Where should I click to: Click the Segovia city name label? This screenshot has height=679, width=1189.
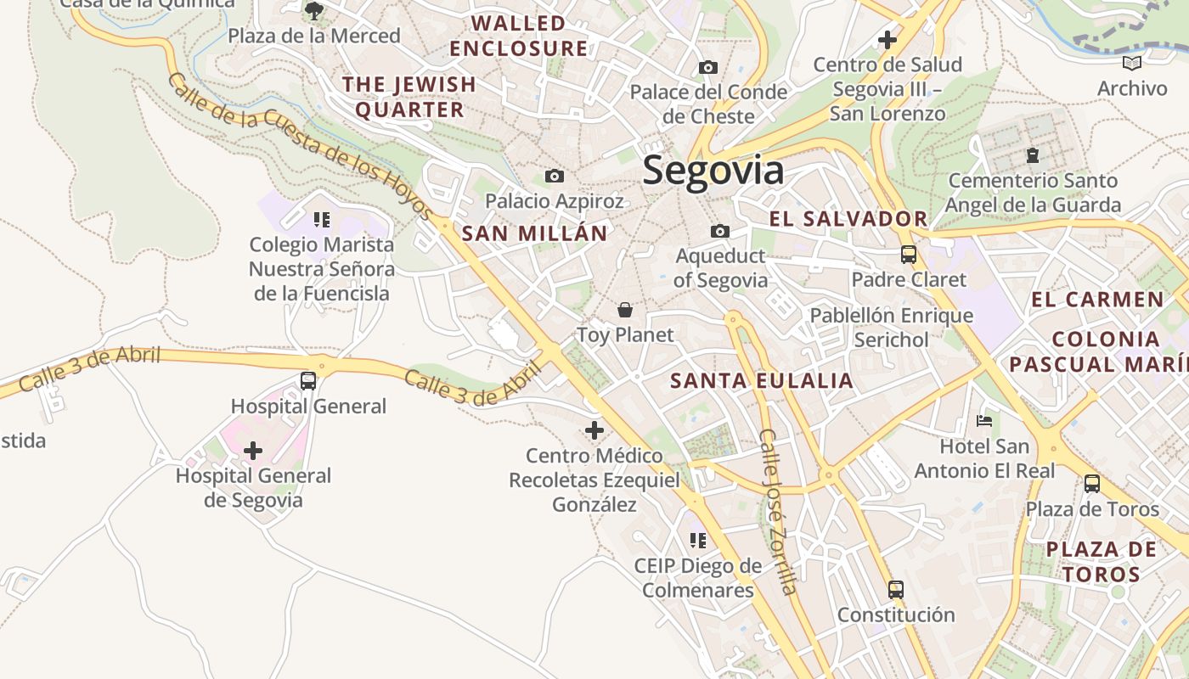click(x=713, y=171)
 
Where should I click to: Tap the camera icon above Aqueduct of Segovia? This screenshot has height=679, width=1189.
click(x=720, y=231)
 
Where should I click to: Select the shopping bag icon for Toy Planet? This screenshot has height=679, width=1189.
click(x=625, y=310)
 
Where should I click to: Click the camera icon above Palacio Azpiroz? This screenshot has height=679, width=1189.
click(x=555, y=176)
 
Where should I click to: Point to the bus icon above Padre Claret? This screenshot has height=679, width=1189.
click(x=909, y=254)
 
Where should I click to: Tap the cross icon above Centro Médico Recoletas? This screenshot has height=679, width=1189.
click(x=594, y=430)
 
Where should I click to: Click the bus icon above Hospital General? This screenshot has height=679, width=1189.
click(x=308, y=381)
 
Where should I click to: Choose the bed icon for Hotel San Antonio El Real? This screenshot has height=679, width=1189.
click(x=984, y=421)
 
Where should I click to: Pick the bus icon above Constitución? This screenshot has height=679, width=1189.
click(x=896, y=589)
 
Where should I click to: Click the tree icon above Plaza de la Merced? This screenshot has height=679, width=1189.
click(x=314, y=11)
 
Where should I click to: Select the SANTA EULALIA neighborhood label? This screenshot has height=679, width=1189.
click(x=762, y=380)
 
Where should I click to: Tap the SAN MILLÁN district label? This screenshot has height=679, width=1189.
click(x=535, y=233)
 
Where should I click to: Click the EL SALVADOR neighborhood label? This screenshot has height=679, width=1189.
click(x=848, y=219)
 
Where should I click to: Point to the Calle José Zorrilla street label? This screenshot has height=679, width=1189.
click(x=779, y=512)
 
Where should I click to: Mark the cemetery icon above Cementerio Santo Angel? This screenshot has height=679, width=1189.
click(x=1033, y=155)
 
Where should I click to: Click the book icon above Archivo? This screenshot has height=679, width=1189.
click(x=1132, y=63)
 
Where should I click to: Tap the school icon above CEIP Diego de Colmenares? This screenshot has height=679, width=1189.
click(x=698, y=541)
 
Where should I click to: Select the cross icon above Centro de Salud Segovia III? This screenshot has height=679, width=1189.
click(x=888, y=39)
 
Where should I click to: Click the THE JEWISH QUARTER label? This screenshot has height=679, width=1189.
click(x=409, y=97)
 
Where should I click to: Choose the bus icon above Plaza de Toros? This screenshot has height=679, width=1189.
click(x=1092, y=484)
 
